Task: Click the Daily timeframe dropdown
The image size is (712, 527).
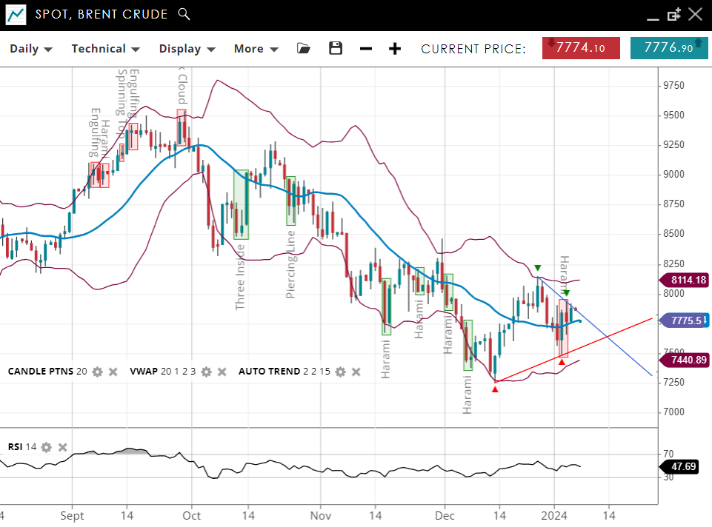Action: point(30,49)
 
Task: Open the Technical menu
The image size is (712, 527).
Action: point(105,49)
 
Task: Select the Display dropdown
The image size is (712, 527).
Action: point(187,49)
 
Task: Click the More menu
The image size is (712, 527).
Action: point(256,49)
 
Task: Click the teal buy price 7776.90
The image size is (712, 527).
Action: point(668,48)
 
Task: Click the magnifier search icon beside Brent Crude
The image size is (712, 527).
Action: point(184,14)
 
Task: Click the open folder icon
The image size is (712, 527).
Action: point(304,49)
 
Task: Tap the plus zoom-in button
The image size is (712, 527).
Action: point(395,49)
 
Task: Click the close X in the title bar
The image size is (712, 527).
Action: point(695,14)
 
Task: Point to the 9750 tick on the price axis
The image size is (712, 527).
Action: point(673,86)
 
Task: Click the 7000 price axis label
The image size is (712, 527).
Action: point(673,412)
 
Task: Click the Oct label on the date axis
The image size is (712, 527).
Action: point(192,515)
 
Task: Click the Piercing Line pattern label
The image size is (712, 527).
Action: point(291,264)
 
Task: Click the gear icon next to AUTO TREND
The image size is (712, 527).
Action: point(340,372)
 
